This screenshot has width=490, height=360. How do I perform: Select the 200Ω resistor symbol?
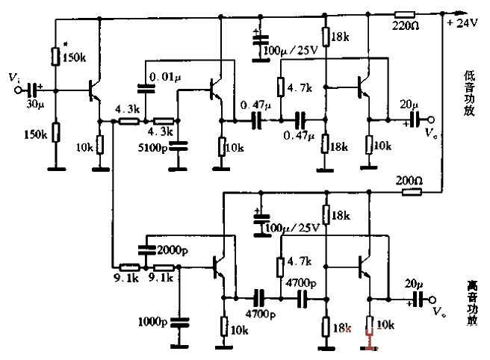pyautogui.click(x=409, y=192)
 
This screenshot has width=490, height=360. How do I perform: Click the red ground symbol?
pyautogui.click(x=368, y=344)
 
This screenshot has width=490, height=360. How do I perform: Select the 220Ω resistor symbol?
pyautogui.click(x=405, y=13)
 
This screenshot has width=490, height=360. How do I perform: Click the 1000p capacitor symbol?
pyautogui.click(x=179, y=322)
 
